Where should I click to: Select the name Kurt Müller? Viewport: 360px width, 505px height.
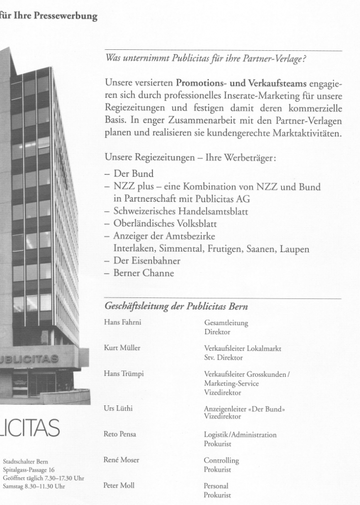[x=122, y=348]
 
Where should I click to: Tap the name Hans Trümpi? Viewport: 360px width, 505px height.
[x=123, y=374]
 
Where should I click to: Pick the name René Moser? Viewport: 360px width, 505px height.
[x=121, y=460]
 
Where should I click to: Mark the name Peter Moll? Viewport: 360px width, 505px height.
[x=120, y=486]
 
